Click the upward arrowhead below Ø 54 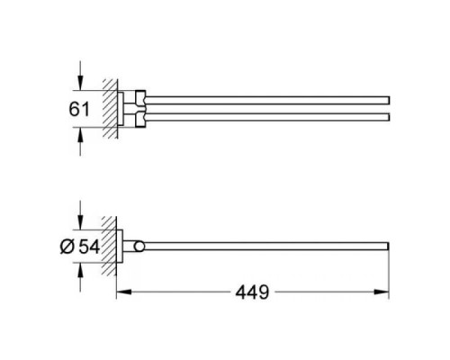click(83, 270)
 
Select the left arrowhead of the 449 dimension click(123, 292)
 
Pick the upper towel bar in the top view click(270, 98)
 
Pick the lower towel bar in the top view click(270, 118)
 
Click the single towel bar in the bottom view click(270, 247)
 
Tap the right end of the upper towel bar click(387, 98)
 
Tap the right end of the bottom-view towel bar click(387, 247)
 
